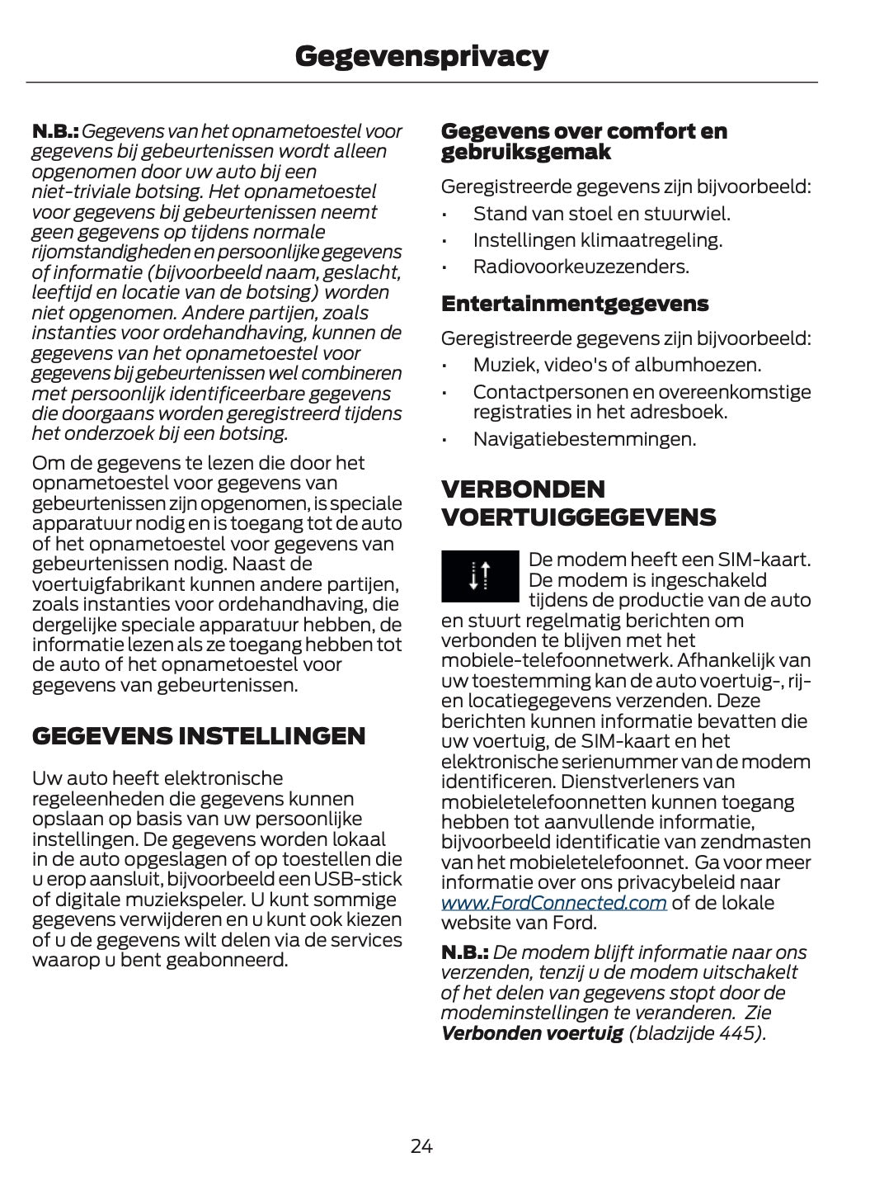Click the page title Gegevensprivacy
421,55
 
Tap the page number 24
421,1145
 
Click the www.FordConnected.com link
553,903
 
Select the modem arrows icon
480,575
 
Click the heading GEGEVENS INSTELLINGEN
198,736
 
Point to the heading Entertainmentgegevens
575,304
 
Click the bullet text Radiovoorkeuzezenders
581,267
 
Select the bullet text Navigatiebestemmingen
584,439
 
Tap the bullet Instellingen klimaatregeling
597,240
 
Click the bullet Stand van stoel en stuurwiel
601,214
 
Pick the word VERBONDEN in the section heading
523,489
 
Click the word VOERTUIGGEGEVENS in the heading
578,518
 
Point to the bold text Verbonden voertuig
532,1033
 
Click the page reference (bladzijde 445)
697,1033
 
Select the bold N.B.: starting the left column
54,131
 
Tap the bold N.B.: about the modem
464,952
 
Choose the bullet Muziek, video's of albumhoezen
617,365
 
